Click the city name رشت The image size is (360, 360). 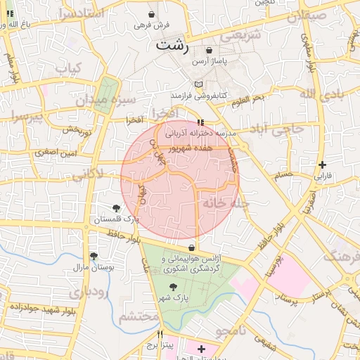(x=173, y=46)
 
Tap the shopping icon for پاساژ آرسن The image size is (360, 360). (x=209, y=51)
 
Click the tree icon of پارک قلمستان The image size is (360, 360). (x=116, y=208)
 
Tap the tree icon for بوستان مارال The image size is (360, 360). (x=94, y=257)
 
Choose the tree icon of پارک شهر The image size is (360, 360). (x=173, y=287)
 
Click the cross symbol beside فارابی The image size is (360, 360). (x=322, y=165)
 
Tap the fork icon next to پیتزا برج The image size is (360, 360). (x=160, y=334)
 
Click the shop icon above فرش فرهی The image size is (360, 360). (x=153, y=14)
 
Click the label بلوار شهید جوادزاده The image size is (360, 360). (x=41, y=307)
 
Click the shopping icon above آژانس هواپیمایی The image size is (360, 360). (x=192, y=247)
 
